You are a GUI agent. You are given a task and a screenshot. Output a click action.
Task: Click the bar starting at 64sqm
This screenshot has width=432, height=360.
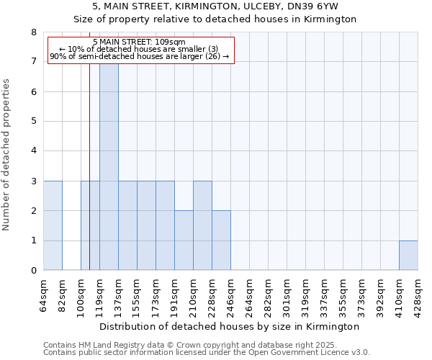53,225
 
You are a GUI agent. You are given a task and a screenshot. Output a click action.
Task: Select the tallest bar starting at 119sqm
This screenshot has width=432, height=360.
109,166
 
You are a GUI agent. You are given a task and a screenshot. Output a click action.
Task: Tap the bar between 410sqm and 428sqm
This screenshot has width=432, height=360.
408,255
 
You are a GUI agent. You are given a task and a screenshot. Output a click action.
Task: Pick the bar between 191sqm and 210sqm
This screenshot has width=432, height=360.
184,240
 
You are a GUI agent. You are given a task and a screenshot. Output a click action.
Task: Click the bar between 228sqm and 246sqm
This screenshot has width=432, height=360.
221,240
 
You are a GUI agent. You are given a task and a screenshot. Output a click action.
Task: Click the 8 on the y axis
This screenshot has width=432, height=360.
33,32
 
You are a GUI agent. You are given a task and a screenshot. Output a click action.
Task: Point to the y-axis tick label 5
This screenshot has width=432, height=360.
33,122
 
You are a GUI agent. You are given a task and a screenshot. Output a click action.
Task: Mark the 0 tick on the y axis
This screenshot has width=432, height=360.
33,271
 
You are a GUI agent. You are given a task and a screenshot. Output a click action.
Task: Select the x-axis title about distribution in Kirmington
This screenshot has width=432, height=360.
230,327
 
